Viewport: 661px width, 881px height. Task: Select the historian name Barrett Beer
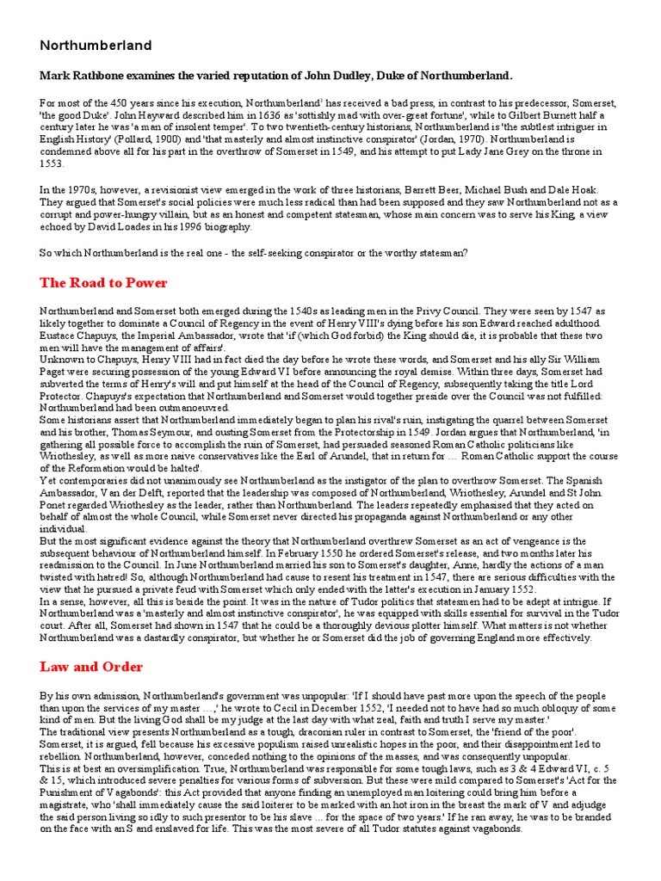click(x=419, y=189)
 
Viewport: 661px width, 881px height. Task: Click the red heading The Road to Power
click(x=103, y=282)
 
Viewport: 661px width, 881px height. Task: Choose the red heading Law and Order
click(x=91, y=667)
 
